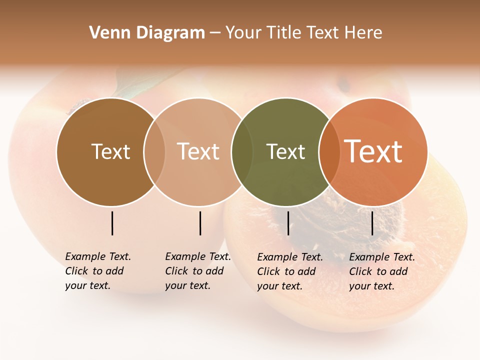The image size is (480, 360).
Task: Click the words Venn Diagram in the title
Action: click(x=147, y=33)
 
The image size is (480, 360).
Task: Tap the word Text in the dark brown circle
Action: click(x=110, y=151)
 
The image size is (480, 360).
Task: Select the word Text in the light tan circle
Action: click(x=198, y=151)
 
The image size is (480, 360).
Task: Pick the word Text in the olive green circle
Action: click(x=285, y=151)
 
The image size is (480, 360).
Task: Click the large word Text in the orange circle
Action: click(x=373, y=151)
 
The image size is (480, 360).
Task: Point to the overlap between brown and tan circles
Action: click(x=154, y=151)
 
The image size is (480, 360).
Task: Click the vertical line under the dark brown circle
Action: click(x=112, y=223)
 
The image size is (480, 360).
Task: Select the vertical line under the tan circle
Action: click(x=200, y=223)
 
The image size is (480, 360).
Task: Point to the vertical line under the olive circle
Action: click(x=288, y=223)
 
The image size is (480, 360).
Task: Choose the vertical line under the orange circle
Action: click(x=372, y=223)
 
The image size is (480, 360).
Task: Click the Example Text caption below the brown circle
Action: click(x=98, y=271)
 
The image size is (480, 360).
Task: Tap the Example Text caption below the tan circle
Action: click(x=198, y=271)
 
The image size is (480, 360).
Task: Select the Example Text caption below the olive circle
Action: click(x=290, y=271)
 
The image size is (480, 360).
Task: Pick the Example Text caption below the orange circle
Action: click(x=382, y=271)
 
